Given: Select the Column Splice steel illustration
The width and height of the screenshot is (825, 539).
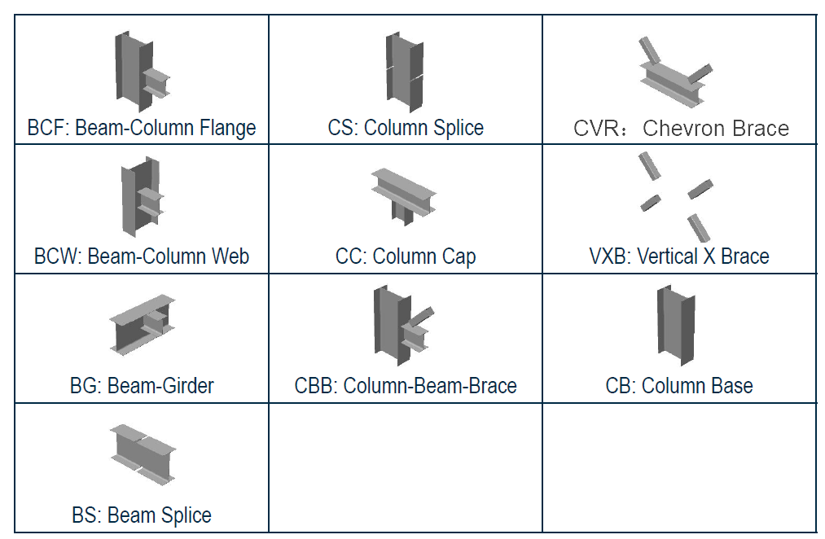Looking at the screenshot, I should point(404,72).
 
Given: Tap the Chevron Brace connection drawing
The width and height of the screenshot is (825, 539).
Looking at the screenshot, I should point(674,72).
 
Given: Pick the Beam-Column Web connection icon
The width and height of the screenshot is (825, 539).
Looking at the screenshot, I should point(140,198).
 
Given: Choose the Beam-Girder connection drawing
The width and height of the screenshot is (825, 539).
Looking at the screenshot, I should point(143,326).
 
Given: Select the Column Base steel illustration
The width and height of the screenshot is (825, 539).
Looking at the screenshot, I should point(675,323).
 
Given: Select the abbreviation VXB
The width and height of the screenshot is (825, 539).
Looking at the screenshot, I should point(608,256).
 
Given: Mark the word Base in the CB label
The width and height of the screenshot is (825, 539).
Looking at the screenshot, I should point(733,386).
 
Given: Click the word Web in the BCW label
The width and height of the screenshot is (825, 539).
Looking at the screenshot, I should point(231,256).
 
